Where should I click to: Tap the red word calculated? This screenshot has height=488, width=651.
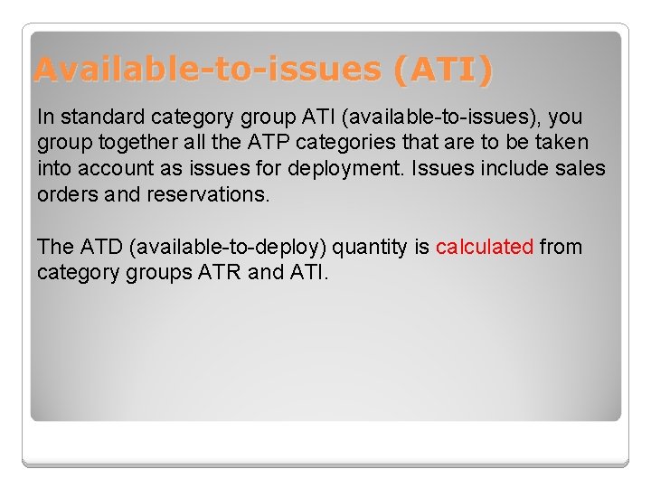(x=485, y=247)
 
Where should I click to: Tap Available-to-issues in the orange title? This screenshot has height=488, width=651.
(x=208, y=69)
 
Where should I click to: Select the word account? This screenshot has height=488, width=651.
(x=110, y=168)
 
